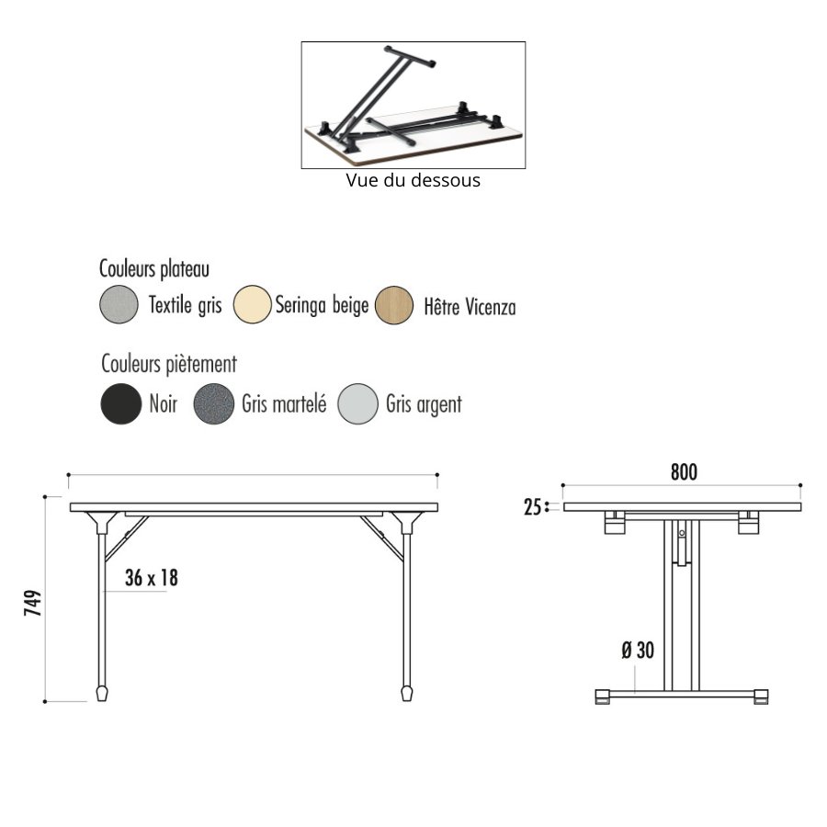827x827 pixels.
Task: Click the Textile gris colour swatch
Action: point(119,304)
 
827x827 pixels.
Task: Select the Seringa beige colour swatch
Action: point(252,304)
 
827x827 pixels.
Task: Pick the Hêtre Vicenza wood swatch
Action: point(394,305)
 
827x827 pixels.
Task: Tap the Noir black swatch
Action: point(120,403)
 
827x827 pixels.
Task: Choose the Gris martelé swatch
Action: point(213,403)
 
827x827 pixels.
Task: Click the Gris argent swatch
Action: point(357,404)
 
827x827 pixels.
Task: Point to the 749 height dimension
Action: point(33,603)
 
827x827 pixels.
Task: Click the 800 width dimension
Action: point(684,472)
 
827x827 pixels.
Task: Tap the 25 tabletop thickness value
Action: point(533,507)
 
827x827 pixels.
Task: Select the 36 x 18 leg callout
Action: point(152,578)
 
